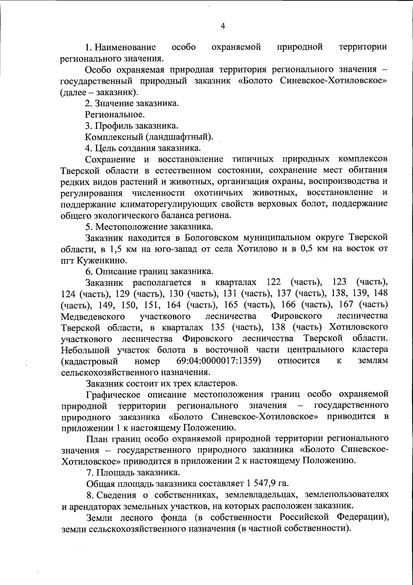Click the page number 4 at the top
tap(223, 27)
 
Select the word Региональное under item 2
tap(115, 114)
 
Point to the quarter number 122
tap(275, 282)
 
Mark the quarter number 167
tap(345, 305)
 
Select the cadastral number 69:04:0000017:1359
tap(218, 361)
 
